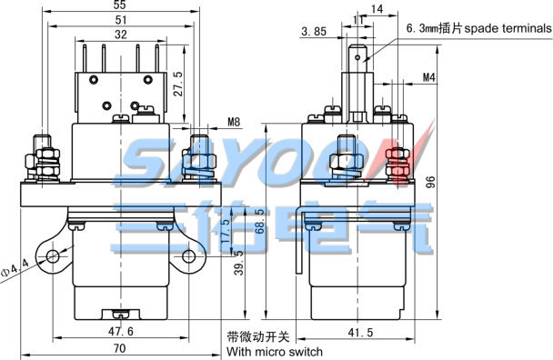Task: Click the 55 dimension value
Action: coord(120,5)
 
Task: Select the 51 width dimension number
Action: coord(121,20)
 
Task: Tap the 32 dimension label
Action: coord(121,35)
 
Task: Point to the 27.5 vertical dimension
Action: coord(178,84)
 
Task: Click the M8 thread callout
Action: coord(234,122)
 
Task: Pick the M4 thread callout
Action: coord(429,77)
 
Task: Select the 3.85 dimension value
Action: coord(314,32)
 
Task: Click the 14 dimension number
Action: coord(377,9)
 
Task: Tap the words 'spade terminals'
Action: coord(508,28)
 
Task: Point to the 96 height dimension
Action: coord(431,182)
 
